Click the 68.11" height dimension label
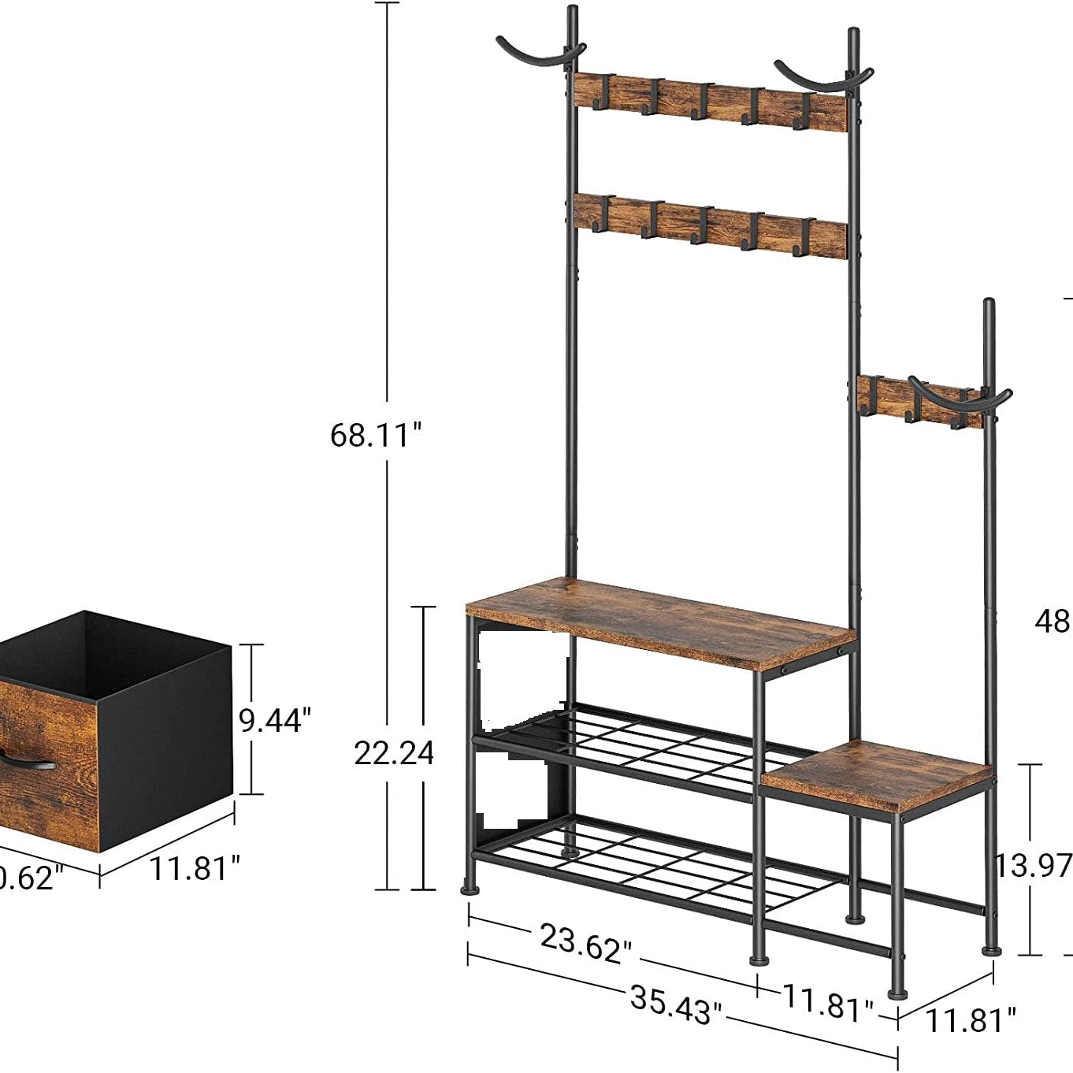point(376,434)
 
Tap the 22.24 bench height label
point(393,753)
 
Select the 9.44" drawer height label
point(275,720)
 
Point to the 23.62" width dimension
point(585,942)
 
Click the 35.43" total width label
point(675,1004)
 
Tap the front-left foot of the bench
point(470,891)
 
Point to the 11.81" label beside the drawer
point(195,868)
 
